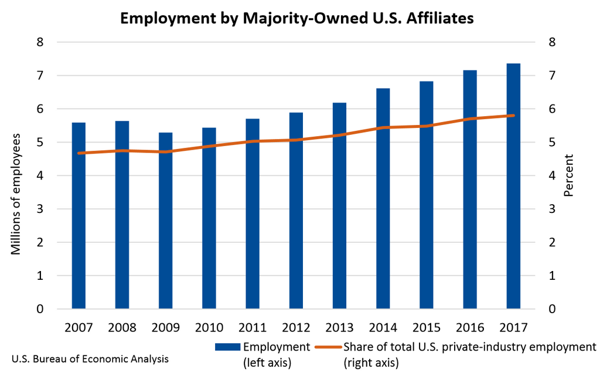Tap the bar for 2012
click(296, 211)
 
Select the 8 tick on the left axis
click(40, 42)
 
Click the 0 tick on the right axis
click(551, 309)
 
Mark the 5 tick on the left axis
click(40, 143)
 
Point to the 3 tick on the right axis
click(551, 209)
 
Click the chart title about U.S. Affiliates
click(296, 18)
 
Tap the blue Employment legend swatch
click(227, 347)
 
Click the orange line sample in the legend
click(327, 347)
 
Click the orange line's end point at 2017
click(513, 116)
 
